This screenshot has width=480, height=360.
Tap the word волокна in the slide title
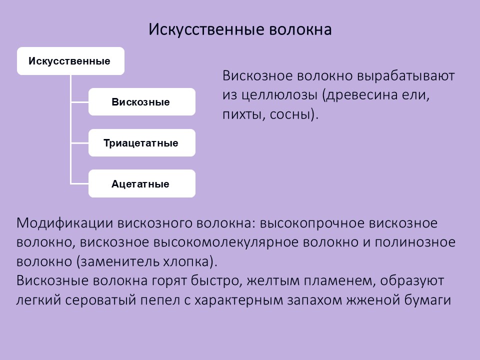300,29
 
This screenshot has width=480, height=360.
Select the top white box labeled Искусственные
70,61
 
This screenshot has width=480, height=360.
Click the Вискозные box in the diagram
142,101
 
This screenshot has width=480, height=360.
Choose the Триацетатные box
142,142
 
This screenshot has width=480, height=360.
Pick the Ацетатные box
142,183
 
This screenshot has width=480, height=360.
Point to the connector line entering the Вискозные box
80,102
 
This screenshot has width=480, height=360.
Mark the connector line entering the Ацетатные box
80,183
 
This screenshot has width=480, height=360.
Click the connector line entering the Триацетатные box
80,143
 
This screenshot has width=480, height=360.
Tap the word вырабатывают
406,76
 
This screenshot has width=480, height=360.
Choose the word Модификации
65,223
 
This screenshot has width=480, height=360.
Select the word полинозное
415,242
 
